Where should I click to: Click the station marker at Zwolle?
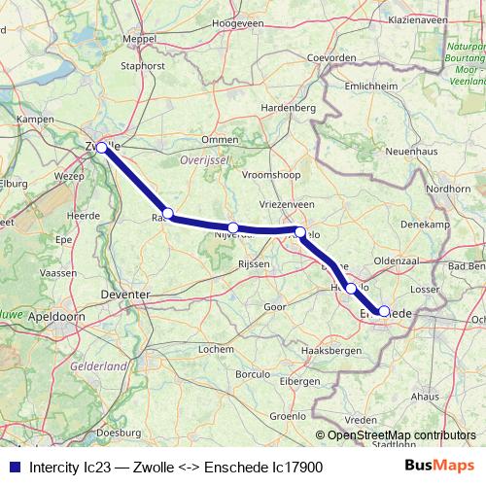click(101, 148)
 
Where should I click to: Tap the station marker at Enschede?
click(384, 311)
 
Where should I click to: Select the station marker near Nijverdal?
click(233, 227)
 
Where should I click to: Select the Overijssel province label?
click(203, 156)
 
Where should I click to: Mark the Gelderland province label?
click(99, 366)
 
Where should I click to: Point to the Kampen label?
click(35, 120)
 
